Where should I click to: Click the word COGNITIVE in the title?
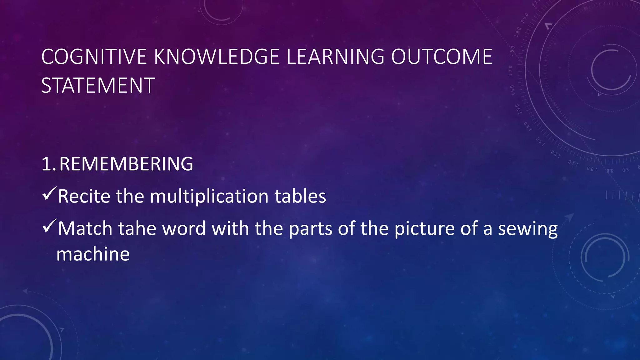click(x=94, y=57)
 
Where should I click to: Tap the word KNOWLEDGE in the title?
click(x=217, y=57)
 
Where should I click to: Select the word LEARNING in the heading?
click(x=335, y=57)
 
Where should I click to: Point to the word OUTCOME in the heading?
click(x=442, y=57)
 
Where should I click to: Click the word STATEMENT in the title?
click(x=98, y=86)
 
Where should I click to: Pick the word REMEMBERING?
click(x=126, y=164)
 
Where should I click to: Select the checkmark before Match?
click(x=49, y=226)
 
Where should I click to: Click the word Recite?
click(x=84, y=197)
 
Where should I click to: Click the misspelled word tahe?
click(x=137, y=229)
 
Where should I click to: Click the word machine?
click(x=93, y=254)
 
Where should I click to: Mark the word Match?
click(x=85, y=229)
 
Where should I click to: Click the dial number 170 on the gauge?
click(x=511, y=71)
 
